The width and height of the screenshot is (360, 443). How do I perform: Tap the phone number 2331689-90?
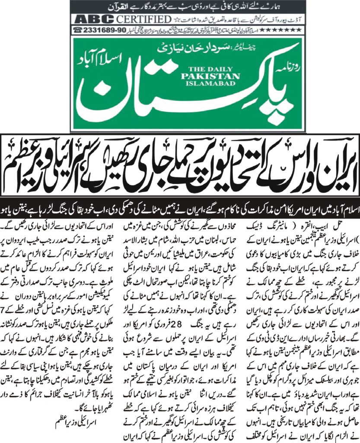[x=103, y=30]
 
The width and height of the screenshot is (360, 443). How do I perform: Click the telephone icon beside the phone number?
[x=79, y=30]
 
